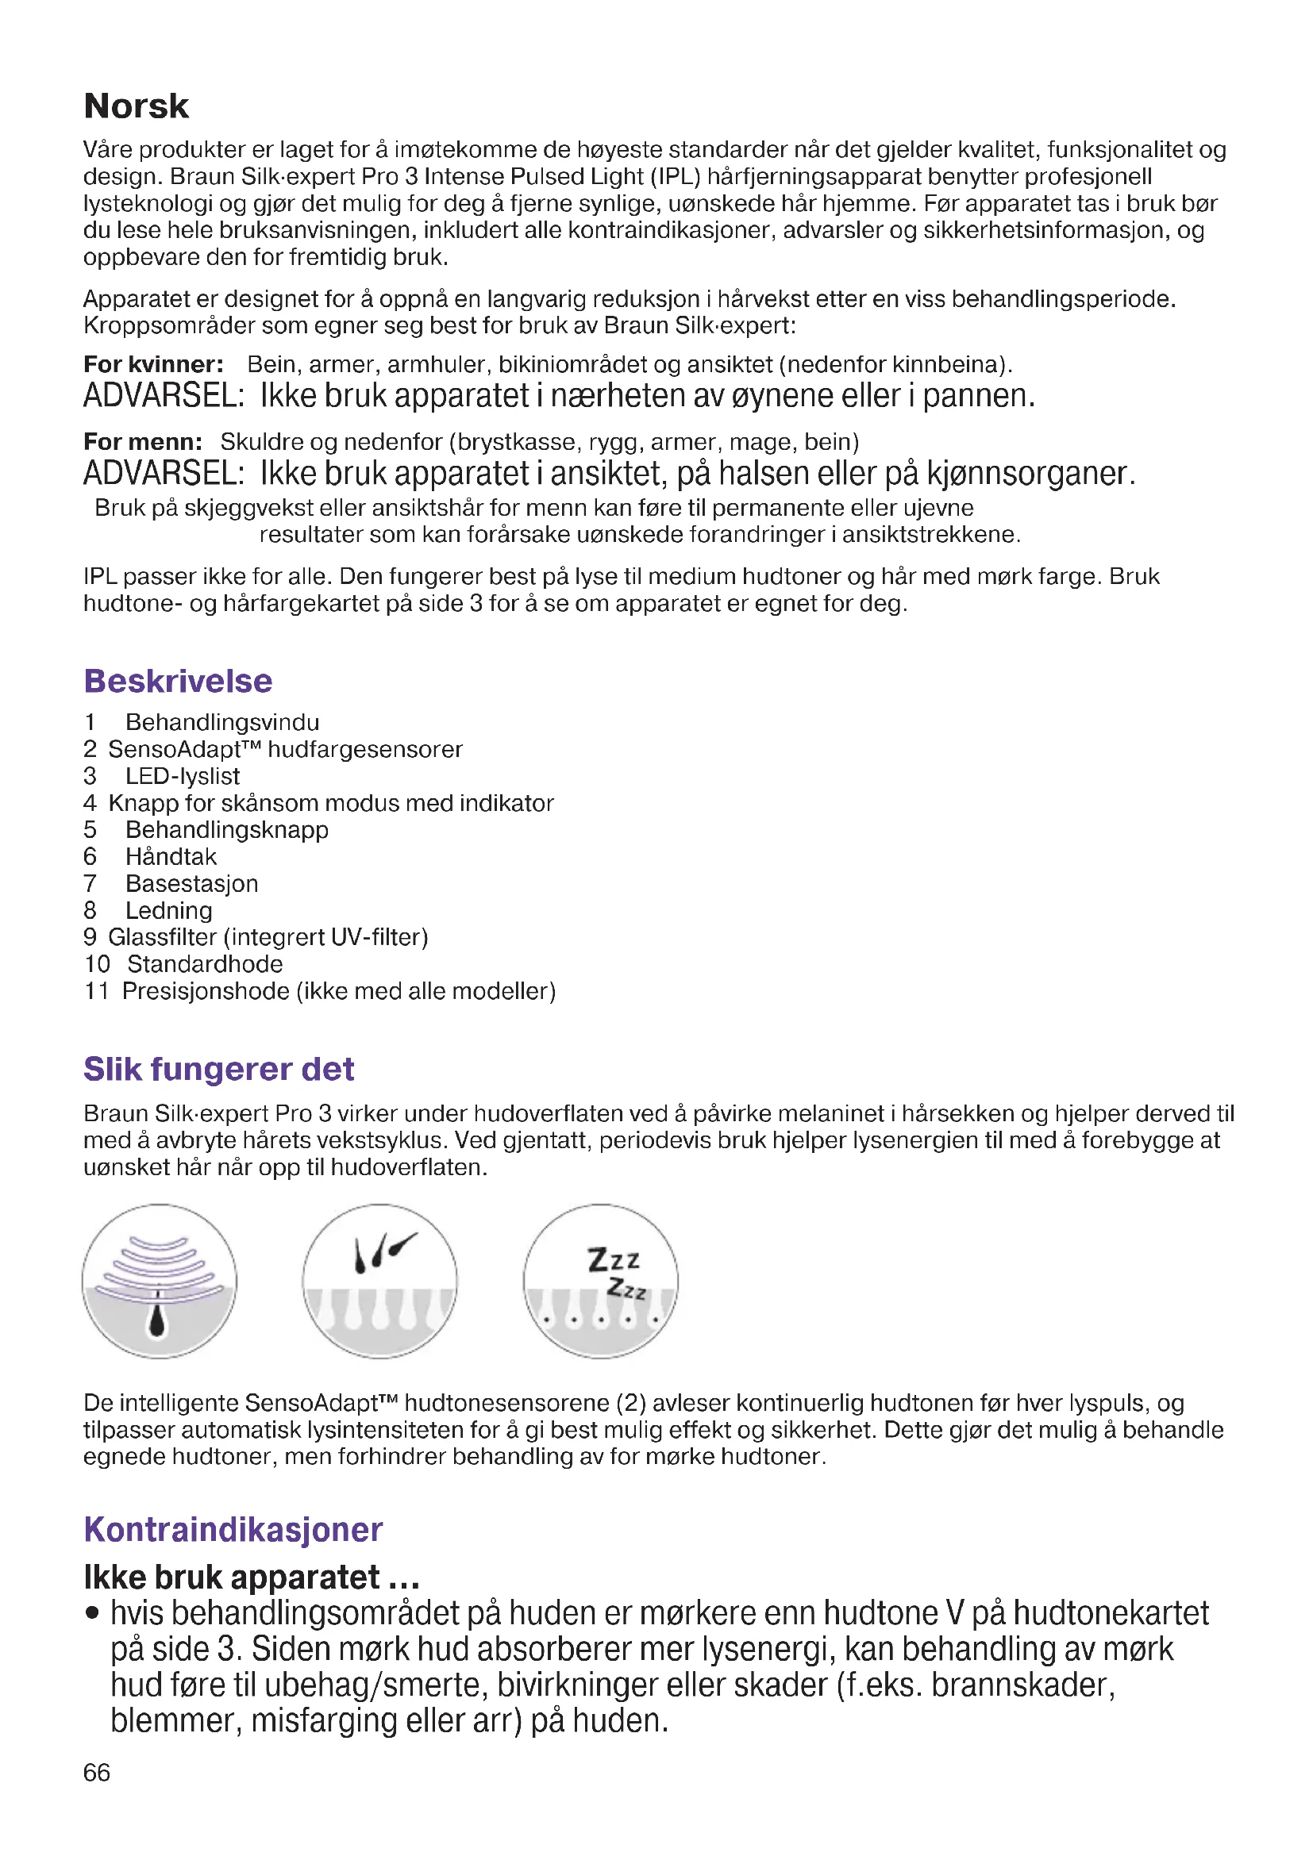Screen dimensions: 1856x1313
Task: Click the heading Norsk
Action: click(x=136, y=106)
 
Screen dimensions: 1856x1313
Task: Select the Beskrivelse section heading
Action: click(x=178, y=681)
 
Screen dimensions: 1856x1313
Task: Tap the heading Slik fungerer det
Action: click(x=218, y=1069)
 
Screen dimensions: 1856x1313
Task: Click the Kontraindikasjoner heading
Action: click(x=233, y=1529)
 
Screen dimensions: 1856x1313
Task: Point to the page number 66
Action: click(x=96, y=1772)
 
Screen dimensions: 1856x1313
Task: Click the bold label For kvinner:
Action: click(x=154, y=364)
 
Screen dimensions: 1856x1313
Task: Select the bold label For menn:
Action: click(x=143, y=442)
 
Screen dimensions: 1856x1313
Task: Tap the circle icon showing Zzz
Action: click(x=600, y=1281)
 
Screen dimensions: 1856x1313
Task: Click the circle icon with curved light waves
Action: click(x=160, y=1281)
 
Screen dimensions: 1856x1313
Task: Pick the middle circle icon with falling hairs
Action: click(x=380, y=1281)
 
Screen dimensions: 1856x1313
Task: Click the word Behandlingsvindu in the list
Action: click(x=222, y=722)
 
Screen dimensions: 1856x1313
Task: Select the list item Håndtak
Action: click(x=171, y=857)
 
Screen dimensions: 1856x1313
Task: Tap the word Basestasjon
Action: click(x=191, y=883)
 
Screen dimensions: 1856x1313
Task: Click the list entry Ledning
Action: click(x=168, y=910)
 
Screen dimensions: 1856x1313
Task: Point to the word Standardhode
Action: click(x=205, y=963)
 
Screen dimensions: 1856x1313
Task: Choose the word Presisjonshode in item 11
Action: click(x=206, y=991)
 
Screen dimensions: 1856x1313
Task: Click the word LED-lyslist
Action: click(x=182, y=776)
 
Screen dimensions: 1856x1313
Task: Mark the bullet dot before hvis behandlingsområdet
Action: click(x=93, y=1613)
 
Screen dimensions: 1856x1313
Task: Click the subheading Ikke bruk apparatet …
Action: click(x=252, y=1577)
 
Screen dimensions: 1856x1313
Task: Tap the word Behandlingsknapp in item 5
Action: click(x=226, y=830)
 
